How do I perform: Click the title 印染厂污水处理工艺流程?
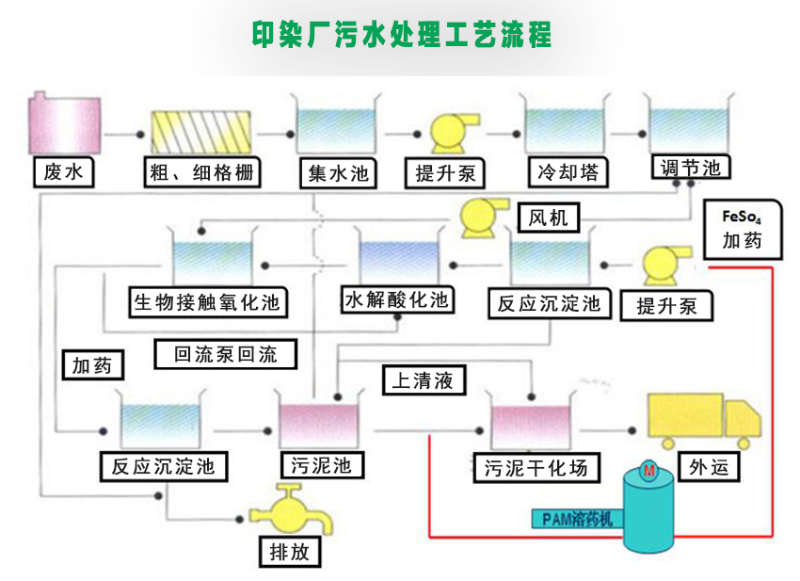pos(401,35)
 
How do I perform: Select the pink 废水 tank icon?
pos(64,124)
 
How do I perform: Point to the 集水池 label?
pos(337,173)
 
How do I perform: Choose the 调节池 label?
pos(690,168)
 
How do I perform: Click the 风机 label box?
pos(548,218)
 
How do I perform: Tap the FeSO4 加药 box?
pos(741,228)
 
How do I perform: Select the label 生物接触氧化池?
pos(207,302)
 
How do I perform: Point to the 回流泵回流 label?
pos(226,355)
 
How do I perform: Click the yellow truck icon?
pos(700,423)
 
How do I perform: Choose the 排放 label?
pos(287,551)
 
